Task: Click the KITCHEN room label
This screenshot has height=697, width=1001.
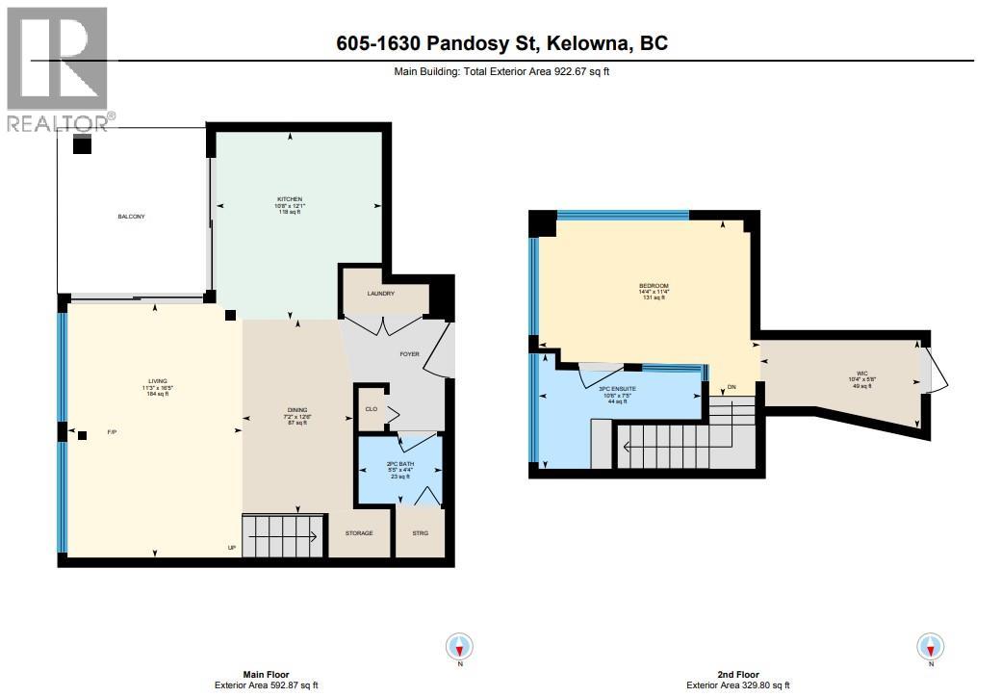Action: tap(290, 199)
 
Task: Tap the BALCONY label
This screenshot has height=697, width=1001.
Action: tap(131, 217)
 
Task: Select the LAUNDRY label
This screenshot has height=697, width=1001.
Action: tap(380, 294)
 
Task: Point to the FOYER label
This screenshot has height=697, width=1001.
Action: tap(410, 354)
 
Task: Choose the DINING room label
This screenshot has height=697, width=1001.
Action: tap(296, 409)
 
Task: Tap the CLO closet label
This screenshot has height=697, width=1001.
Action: tap(370, 408)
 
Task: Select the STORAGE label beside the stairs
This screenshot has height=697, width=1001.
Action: tap(359, 533)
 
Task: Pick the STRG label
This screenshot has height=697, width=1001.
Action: tap(421, 533)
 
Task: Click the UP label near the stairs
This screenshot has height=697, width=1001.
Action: tap(231, 548)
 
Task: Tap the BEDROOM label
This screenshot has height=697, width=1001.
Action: tap(654, 286)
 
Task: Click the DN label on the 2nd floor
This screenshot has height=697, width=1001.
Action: tap(731, 389)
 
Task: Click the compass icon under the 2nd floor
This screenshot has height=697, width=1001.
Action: tap(931, 646)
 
